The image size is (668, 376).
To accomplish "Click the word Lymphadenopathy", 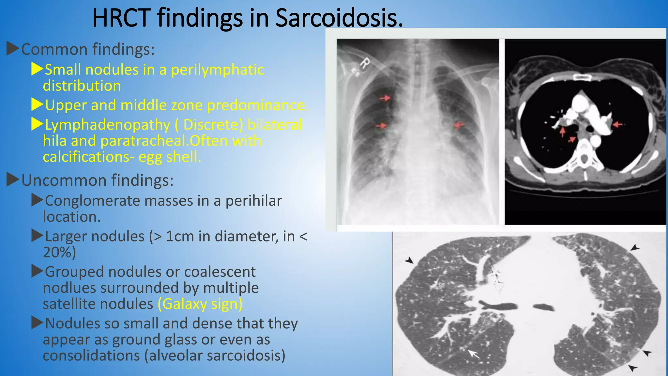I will (x=108, y=125).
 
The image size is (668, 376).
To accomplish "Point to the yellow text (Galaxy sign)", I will (x=200, y=304).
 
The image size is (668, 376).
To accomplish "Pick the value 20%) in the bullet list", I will (x=59, y=252).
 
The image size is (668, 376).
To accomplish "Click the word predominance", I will (x=258, y=105).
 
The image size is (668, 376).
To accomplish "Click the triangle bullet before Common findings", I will (x=13, y=49).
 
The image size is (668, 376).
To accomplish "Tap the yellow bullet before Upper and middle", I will (x=37, y=105).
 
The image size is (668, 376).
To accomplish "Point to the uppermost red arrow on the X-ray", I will (x=385, y=98).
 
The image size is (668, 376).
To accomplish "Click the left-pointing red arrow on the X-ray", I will (x=459, y=125).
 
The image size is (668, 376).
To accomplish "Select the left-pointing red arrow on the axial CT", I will (x=618, y=124).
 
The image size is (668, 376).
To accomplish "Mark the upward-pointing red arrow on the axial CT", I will (x=563, y=131).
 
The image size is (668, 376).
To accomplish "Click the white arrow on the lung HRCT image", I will (x=474, y=354).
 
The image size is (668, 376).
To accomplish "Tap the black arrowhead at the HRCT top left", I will (x=409, y=260).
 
